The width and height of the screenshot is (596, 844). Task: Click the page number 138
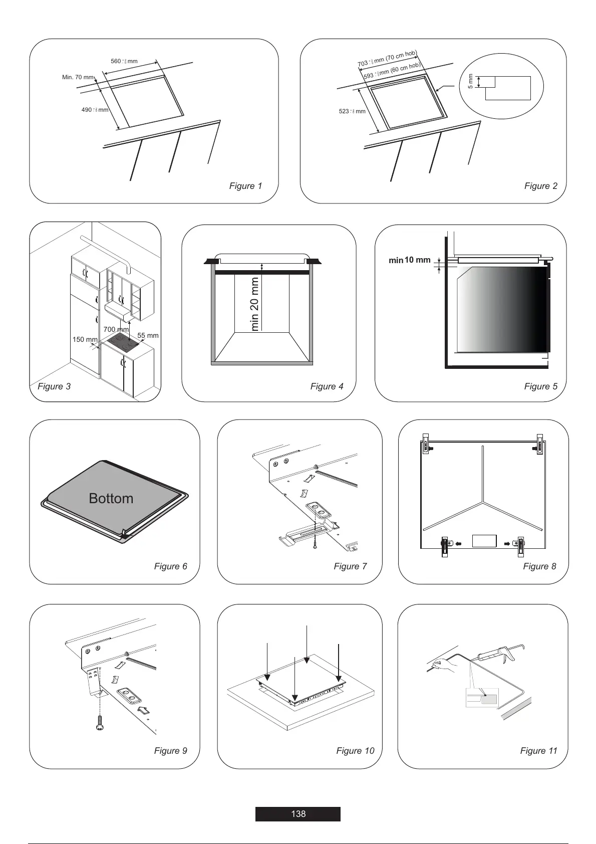click(298, 814)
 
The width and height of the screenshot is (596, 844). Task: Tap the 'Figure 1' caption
click(245, 186)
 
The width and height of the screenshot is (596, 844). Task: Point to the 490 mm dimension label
click(95, 110)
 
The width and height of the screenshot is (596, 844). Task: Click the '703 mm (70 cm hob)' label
click(387, 59)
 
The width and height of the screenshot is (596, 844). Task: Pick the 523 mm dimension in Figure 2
click(352, 111)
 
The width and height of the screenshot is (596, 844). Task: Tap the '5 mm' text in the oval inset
click(470, 82)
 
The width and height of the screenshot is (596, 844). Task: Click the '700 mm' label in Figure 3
click(116, 329)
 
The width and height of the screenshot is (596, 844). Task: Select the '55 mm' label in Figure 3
click(148, 335)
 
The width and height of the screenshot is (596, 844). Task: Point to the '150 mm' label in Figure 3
click(85, 339)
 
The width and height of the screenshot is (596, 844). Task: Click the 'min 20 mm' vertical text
click(255, 304)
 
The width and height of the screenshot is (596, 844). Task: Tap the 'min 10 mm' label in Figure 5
click(410, 260)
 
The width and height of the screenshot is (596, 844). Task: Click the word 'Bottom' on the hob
click(111, 498)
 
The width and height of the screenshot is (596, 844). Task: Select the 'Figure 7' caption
click(350, 566)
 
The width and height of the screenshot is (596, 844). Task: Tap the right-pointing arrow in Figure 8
click(507, 543)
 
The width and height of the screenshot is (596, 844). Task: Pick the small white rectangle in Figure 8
click(484, 541)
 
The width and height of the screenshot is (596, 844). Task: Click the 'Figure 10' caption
click(355, 751)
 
